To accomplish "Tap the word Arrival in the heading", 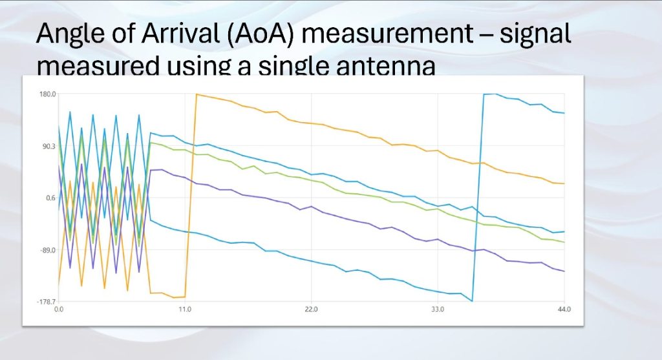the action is coord(182,33).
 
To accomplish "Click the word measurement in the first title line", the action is coord(387,34).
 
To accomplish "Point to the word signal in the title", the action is coord(535,34).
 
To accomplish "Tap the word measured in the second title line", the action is coord(99,67).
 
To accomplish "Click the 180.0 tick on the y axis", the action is coord(48,94).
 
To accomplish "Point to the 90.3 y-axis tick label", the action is coord(48,146).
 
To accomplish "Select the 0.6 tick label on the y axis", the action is coord(50,198).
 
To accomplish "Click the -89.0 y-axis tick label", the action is coord(48,250).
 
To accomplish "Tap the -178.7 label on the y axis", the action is coord(47,302).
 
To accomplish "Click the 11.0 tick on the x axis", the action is coord(185,310).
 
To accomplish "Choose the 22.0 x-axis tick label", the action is coord(311,310).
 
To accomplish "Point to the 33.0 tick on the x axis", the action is coord(438,310).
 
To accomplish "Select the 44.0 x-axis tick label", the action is coord(564,310).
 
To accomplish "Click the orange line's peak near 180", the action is coord(197,94).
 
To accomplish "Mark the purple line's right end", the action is coord(564,271).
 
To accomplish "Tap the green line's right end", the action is coord(564,242).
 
